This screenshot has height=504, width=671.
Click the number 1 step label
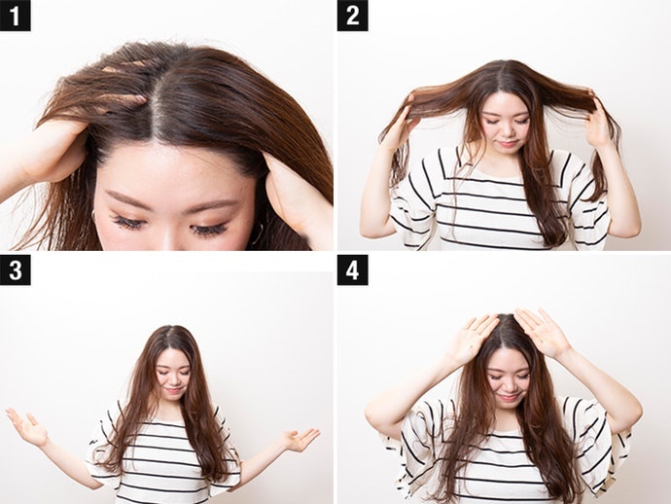tap(15, 16)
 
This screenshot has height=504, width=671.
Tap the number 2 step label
tap(352, 16)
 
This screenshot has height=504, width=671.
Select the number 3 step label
tap(15, 270)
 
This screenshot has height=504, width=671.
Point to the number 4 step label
tap(352, 270)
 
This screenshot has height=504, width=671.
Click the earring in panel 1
tap(257, 233)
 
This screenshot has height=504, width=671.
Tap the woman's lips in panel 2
tap(507, 143)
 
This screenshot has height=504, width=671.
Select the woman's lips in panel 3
tap(172, 390)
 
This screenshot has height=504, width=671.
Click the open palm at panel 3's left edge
tap(27, 426)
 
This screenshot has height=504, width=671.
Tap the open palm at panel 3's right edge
tap(300, 439)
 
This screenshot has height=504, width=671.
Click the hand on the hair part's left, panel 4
tap(472, 338)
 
